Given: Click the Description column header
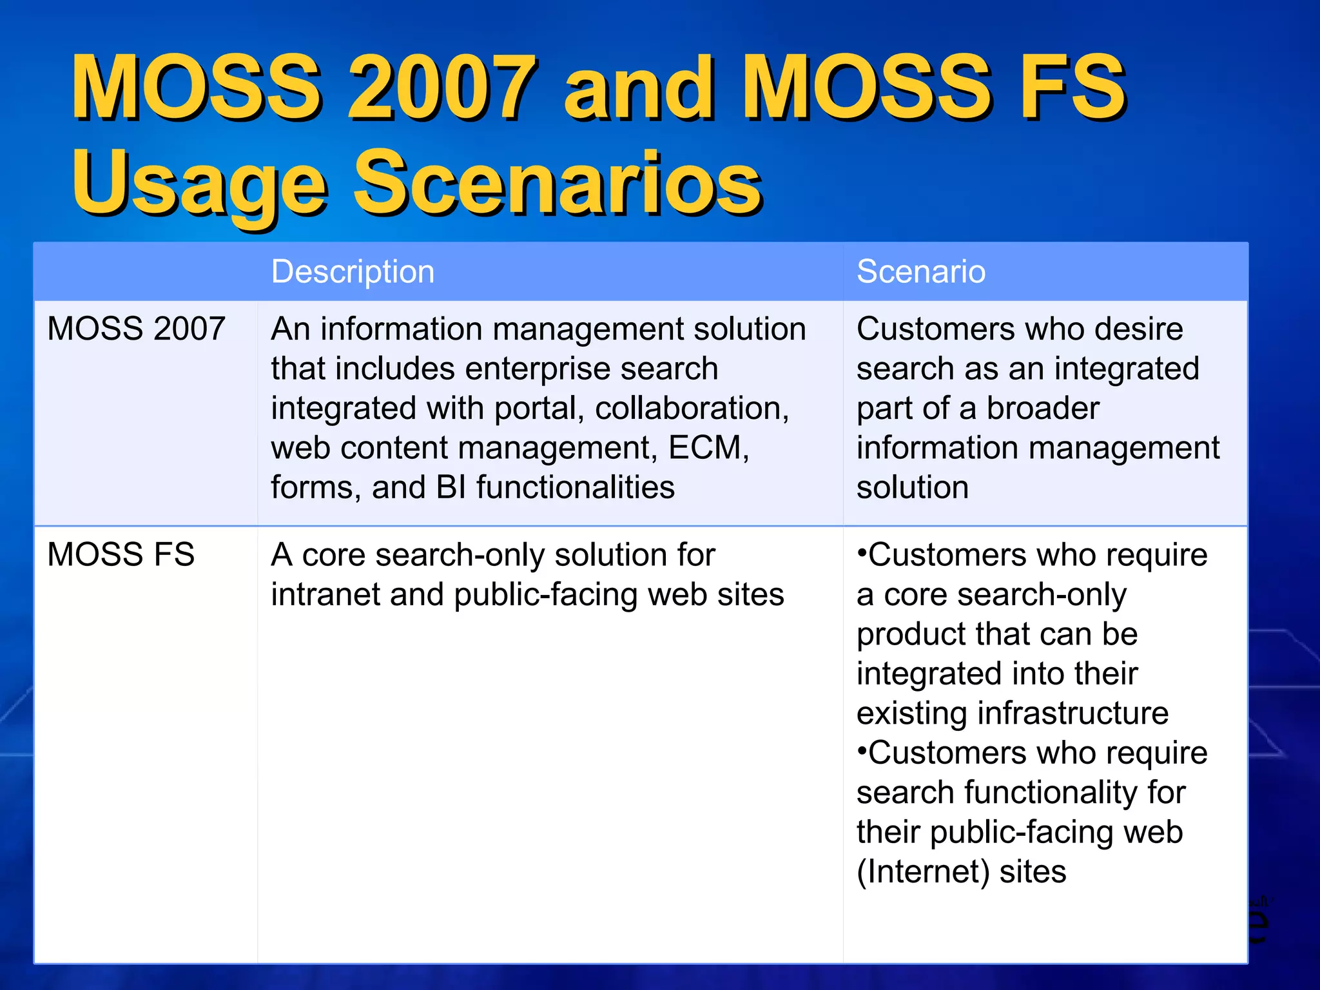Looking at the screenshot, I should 353,271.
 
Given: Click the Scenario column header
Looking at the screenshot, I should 920,271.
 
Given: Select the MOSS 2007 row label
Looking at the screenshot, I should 136,329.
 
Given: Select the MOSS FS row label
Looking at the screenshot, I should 121,554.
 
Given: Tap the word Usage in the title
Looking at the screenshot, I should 199,184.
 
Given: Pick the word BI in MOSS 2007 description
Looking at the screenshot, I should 451,487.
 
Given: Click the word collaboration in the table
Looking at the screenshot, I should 688,408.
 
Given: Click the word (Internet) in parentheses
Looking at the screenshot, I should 922,871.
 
